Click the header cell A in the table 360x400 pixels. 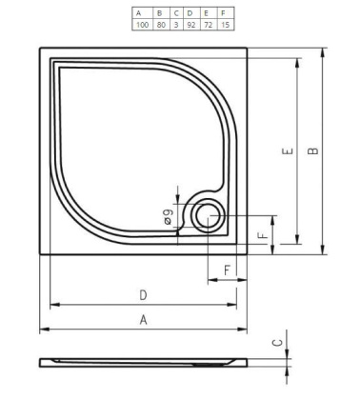tap(141, 11)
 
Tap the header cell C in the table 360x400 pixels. tap(176, 11)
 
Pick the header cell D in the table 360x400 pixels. tap(190, 11)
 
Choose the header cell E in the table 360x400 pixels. tap(208, 11)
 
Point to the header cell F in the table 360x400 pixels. tap(226, 11)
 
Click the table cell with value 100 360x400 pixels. tap(141, 23)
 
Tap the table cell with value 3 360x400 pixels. tap(176, 23)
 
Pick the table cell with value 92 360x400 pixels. tap(190, 23)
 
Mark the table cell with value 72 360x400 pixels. tap(208, 23)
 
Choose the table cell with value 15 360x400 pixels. tap(226, 23)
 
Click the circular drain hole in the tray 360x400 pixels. tap(205, 217)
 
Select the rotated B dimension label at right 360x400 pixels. tap(314, 150)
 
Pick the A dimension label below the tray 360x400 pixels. tap(144, 320)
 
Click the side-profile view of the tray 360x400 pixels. tap(143, 364)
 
